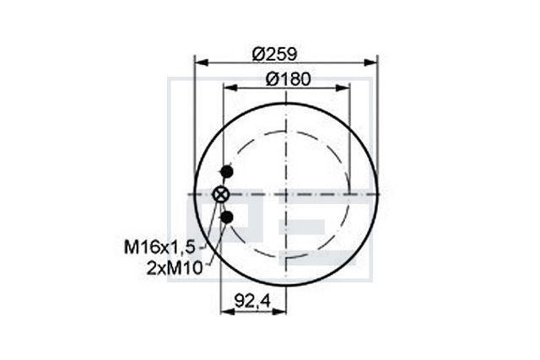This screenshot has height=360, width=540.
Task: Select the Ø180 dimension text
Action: coord(288,78)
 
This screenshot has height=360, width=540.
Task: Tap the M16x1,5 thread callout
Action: coord(159,247)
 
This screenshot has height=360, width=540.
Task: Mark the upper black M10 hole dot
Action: coord(225,173)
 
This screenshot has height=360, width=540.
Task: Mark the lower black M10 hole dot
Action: coord(226,218)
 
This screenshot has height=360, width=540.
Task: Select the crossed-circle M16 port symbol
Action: coord(221,195)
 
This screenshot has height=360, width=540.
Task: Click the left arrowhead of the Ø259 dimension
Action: coord(200,62)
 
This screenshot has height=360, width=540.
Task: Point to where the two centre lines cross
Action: coord(287,195)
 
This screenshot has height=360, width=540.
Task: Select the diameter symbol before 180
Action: coord(272,78)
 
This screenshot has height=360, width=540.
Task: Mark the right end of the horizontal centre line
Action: coord(381,195)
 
